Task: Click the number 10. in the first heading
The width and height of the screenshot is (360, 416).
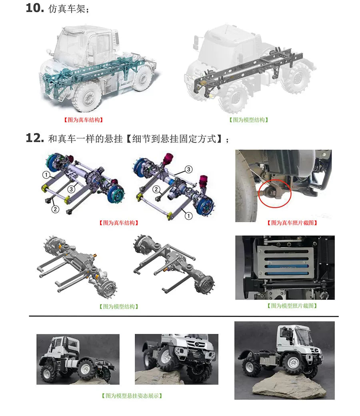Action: click(35, 8)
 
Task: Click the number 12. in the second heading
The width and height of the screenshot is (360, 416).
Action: click(35, 138)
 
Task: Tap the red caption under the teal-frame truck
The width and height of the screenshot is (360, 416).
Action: click(84, 120)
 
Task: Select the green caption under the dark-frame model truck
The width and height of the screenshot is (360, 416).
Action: click(249, 120)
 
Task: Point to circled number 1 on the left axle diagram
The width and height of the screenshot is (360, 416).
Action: click(46, 175)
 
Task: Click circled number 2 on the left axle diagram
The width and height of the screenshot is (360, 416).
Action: click(55, 209)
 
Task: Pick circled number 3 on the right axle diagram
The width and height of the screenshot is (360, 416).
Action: click(188, 169)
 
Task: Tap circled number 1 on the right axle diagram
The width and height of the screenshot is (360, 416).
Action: click(188, 216)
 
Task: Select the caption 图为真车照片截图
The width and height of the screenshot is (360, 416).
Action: click(292, 223)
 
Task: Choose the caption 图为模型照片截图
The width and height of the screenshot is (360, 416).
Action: click(292, 306)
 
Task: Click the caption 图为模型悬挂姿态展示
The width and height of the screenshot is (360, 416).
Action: click(132, 396)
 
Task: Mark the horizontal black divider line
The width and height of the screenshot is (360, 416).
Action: click(184, 316)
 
